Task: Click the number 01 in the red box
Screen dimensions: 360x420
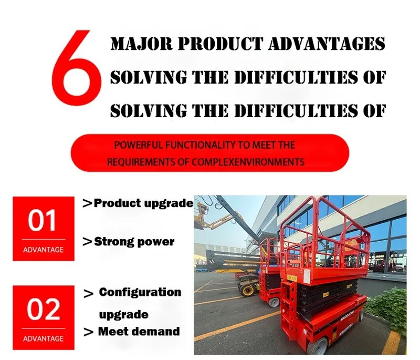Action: point(44,221)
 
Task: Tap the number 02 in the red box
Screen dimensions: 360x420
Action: point(44,310)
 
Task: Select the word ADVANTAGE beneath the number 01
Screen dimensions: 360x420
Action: point(44,250)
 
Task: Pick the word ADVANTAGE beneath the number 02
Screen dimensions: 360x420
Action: point(44,338)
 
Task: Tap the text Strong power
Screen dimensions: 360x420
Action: point(134,242)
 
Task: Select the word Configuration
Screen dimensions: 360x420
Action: point(140,292)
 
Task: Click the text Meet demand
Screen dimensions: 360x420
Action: point(139,331)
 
